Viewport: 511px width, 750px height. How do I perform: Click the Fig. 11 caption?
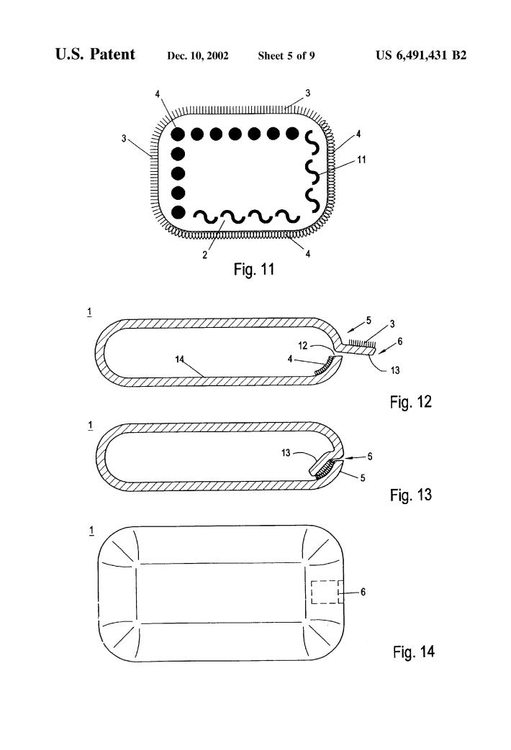pyautogui.click(x=254, y=269)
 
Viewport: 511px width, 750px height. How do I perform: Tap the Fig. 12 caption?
pyautogui.click(x=411, y=401)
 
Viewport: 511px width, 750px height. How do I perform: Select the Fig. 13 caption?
pyautogui.click(x=411, y=495)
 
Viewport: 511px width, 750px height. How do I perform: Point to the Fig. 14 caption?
pyautogui.click(x=414, y=651)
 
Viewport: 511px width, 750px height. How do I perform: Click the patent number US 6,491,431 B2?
pyautogui.click(x=421, y=55)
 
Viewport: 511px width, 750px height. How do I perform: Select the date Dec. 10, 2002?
pyautogui.click(x=198, y=56)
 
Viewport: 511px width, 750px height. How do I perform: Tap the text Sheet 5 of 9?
pyautogui.click(x=286, y=56)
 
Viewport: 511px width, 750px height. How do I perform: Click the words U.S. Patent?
pyautogui.click(x=95, y=54)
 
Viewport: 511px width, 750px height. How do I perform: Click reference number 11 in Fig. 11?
pyautogui.click(x=361, y=160)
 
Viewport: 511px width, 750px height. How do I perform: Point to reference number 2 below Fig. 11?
pyautogui.click(x=205, y=255)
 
